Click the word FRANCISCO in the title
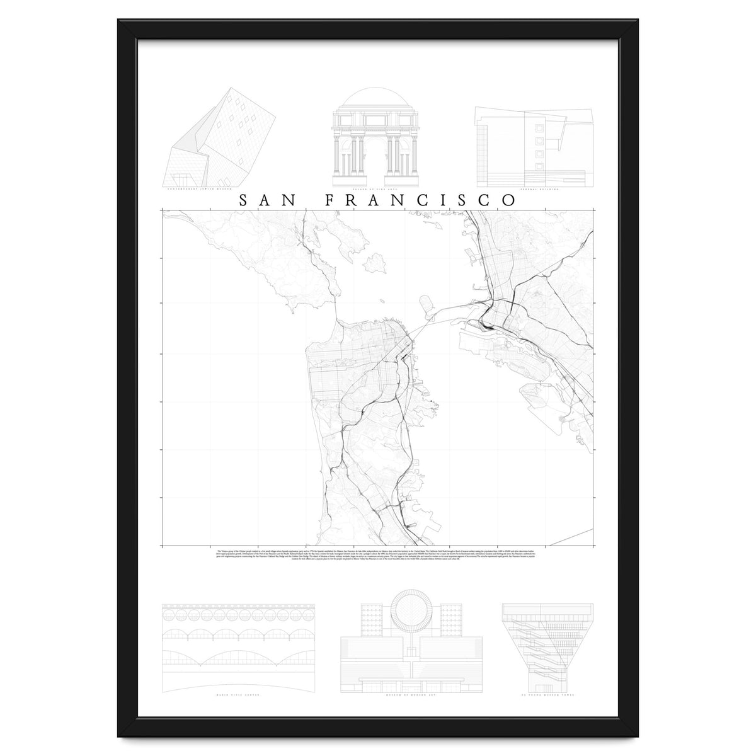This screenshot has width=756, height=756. pos(420,200)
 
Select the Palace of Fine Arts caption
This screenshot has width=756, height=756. pos(377,188)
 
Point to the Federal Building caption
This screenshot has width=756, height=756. pos(534,188)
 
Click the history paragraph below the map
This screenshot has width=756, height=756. pos(377,555)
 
